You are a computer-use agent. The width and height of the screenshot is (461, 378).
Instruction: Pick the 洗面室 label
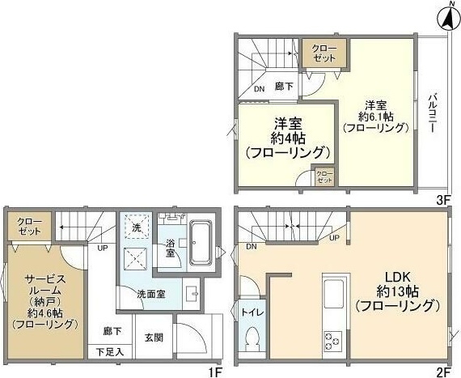point(151,293)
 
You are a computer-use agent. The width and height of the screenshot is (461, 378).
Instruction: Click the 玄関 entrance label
point(154,337)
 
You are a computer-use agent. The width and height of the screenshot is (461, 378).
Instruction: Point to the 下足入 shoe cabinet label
point(109,351)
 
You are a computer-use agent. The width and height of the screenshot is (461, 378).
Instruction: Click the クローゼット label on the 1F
point(29,225)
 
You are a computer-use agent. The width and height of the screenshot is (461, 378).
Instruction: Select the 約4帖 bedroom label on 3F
point(288,138)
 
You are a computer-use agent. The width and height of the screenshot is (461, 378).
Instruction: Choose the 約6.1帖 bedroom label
point(373,116)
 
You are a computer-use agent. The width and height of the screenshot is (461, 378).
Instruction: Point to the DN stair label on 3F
point(259,90)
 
